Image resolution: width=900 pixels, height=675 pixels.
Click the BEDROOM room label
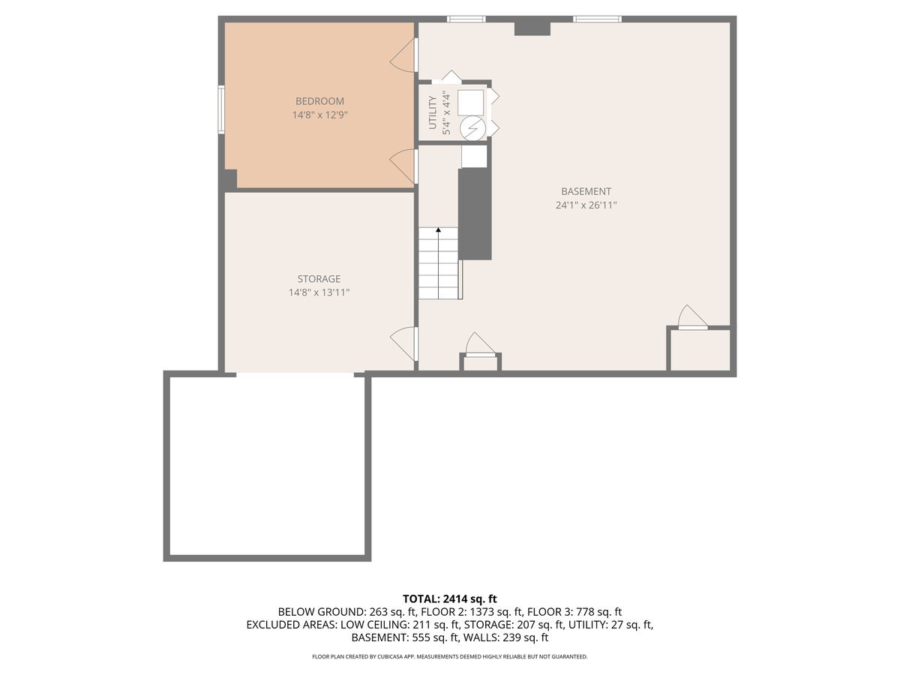coord(319,101)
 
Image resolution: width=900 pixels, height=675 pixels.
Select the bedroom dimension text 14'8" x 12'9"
coord(319,115)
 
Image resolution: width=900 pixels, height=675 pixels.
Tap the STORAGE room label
coord(319,279)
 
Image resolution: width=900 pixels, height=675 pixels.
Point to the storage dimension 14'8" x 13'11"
coord(319,293)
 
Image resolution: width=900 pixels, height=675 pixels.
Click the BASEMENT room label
coord(586,191)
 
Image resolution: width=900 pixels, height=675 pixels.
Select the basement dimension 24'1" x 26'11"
coord(586,205)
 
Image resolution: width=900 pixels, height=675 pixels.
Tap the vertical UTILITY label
coord(433,112)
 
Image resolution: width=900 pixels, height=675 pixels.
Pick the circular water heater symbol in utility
coord(472,128)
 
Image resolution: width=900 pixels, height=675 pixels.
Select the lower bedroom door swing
coord(404,164)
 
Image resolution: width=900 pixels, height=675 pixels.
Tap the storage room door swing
coord(404,343)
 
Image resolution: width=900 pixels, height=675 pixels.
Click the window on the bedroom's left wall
coord(221,109)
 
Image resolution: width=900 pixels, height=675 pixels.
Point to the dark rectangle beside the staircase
coord(475,214)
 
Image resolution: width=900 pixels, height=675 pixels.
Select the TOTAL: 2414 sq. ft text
coord(450,598)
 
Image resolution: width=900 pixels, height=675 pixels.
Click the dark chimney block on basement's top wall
coord(532,28)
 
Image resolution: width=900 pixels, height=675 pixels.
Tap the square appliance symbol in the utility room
coord(471,101)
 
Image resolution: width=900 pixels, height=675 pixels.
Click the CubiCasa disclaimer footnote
coord(450,656)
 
